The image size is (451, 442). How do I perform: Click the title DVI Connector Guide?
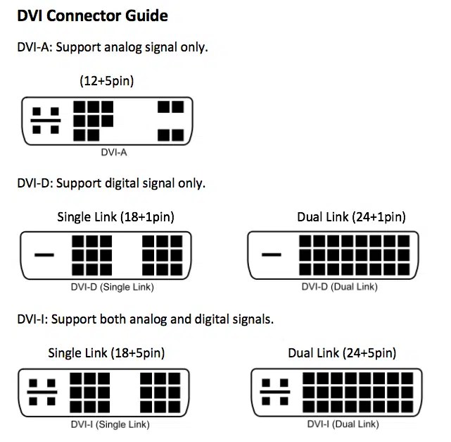[92, 16]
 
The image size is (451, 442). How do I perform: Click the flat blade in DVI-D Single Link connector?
[44, 254]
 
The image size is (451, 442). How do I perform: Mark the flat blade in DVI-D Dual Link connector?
[272, 254]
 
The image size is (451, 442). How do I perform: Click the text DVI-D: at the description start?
[33, 183]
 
